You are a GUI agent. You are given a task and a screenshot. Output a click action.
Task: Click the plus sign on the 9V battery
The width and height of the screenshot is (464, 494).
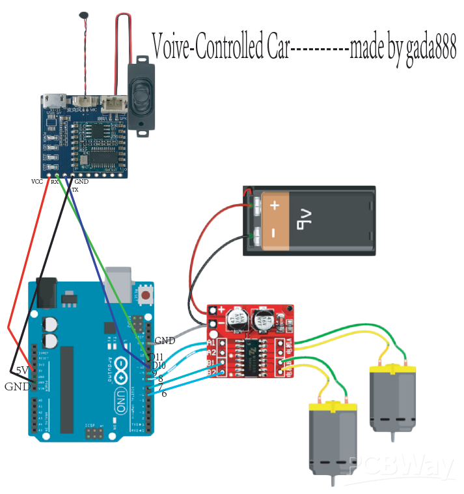point(275,206)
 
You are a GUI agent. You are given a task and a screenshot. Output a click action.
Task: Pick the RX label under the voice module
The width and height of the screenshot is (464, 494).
point(55,182)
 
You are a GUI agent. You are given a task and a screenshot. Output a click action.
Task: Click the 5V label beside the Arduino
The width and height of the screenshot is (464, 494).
point(22,370)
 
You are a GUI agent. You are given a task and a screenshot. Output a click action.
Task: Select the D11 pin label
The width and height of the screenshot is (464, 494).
point(157,356)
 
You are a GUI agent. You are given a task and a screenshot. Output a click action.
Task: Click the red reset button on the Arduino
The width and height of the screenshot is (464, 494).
point(146,295)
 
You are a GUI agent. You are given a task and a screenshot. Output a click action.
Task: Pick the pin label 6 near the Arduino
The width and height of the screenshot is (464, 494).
point(163,394)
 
